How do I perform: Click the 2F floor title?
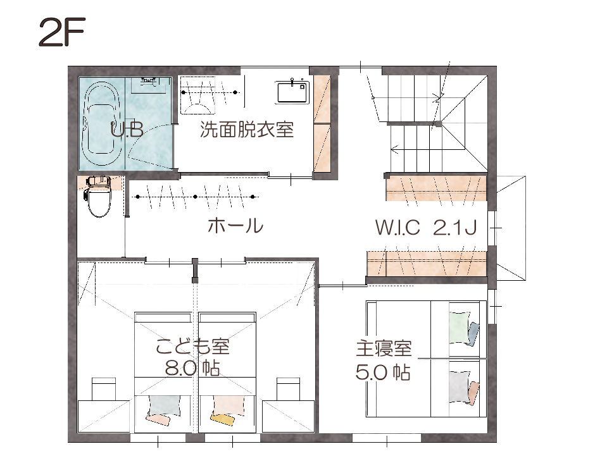[62, 32]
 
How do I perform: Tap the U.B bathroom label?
[127, 130]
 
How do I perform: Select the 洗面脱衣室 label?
[247, 129]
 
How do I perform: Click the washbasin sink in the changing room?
[292, 92]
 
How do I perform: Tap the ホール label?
[235, 226]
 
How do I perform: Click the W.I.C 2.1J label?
[426, 228]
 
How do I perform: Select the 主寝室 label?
[384, 349]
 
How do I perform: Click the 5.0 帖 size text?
[383, 372]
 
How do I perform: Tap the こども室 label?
[193, 347]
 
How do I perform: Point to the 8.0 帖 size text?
[192, 367]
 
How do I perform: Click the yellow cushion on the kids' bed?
[223, 419]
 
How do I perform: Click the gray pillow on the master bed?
[459, 387]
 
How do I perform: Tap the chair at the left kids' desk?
[104, 389]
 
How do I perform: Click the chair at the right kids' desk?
[289, 389]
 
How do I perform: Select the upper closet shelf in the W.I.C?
[436, 188]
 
